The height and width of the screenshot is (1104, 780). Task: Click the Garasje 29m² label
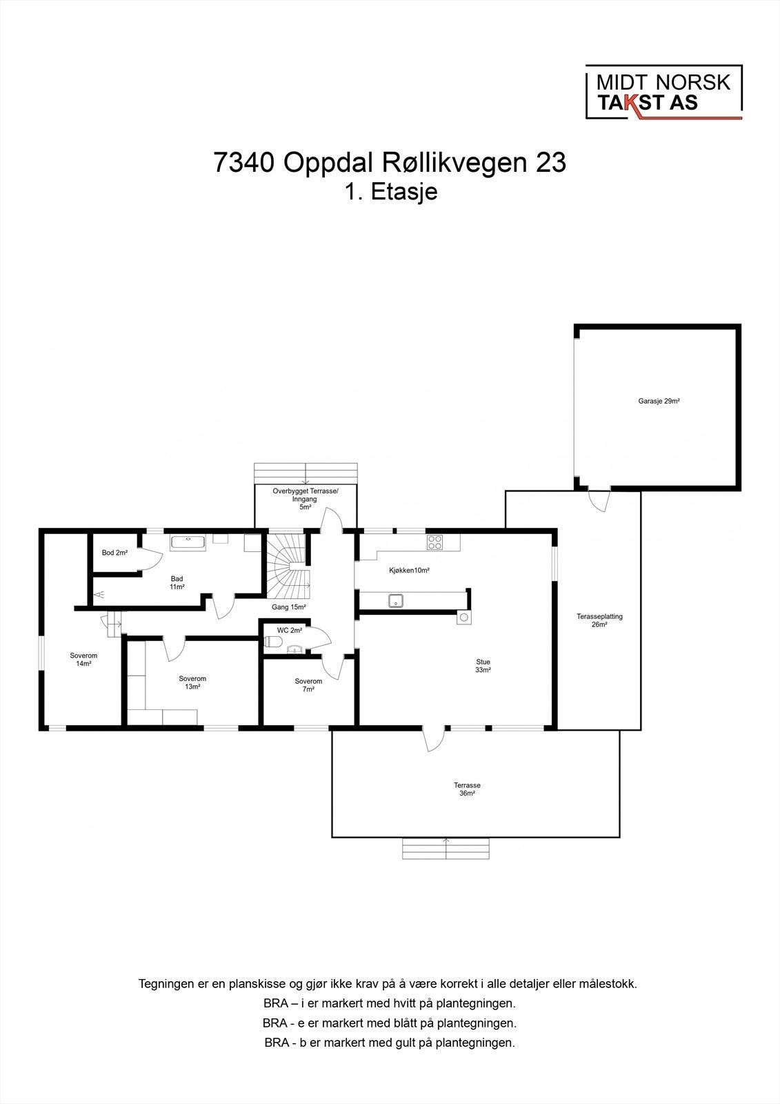659,401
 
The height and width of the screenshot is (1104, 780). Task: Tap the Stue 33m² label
482,666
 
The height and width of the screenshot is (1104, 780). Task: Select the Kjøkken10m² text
409,571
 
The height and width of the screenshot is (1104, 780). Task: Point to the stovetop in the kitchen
434,542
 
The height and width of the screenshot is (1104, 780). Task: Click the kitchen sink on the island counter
397,601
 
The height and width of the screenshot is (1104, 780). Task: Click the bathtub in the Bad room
188,542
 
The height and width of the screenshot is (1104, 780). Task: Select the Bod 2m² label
114,553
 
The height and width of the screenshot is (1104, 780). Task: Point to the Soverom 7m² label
308,685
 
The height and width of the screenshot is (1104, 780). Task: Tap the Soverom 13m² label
192,682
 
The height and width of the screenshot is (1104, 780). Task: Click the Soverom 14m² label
83,660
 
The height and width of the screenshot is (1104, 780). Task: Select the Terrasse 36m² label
467,789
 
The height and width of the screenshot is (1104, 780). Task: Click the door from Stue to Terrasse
434,740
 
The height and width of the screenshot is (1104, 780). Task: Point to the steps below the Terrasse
446,848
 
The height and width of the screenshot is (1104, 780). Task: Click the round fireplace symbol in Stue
463,618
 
